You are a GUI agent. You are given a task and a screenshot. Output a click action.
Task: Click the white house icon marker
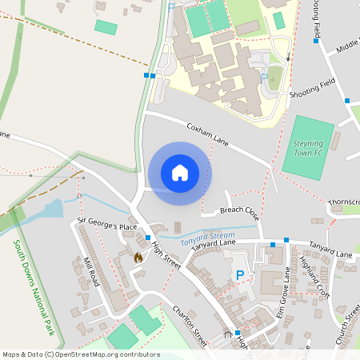click(x=180, y=173)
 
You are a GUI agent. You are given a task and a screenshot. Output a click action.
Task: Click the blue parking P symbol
click(x=239, y=274)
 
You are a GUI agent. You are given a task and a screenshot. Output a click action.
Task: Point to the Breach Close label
click(x=239, y=213)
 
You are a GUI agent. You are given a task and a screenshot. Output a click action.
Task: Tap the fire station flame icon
click(x=138, y=258)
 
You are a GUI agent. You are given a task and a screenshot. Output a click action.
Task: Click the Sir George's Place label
click(x=107, y=226)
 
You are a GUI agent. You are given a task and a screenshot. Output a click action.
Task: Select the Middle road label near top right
click(x=347, y=46)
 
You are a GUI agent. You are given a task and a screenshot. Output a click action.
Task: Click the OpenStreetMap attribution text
click(x=81, y=354)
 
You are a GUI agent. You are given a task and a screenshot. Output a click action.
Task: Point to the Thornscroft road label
click(x=344, y=202)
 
